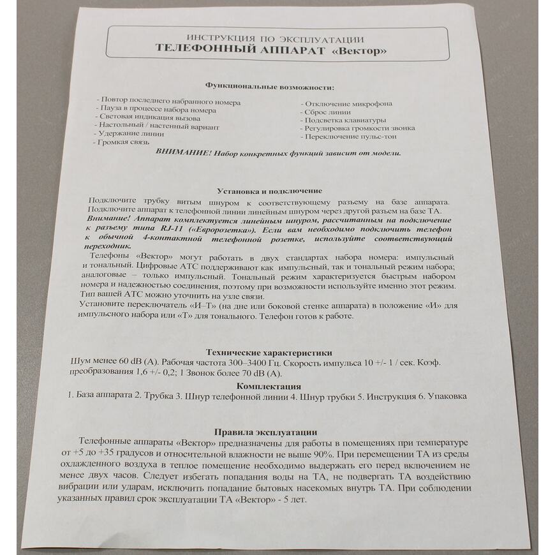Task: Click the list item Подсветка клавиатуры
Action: (345, 120)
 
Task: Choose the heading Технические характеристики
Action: (270, 353)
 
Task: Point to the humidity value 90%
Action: (317, 454)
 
